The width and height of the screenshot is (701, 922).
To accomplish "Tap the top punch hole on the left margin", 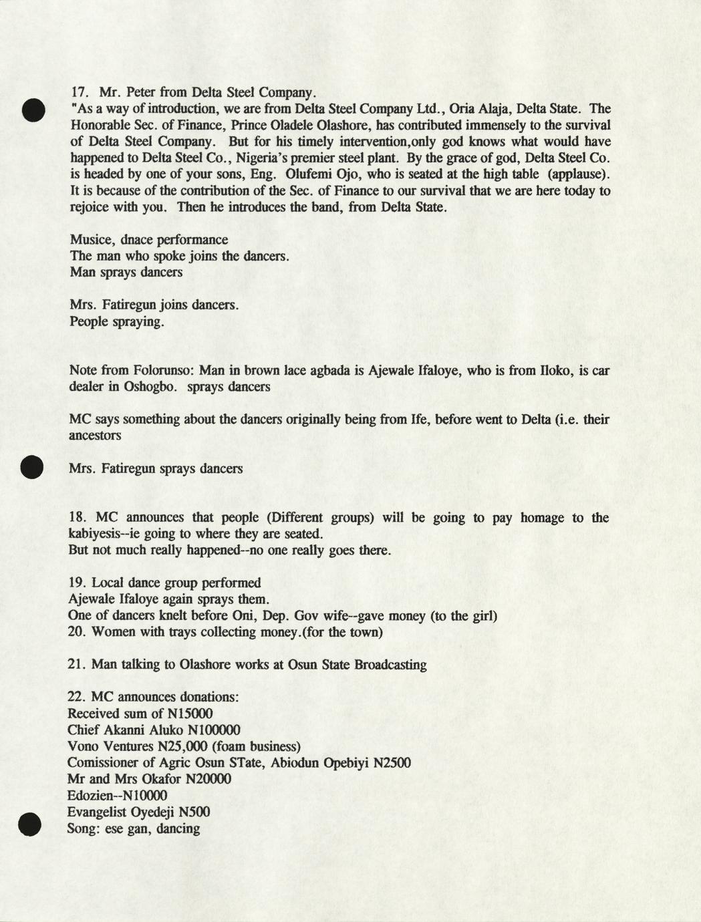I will pyautogui.click(x=32, y=110).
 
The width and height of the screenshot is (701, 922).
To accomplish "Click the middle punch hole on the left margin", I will pyautogui.click(x=31, y=466).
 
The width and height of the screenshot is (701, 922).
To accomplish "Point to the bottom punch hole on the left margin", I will pyautogui.click(x=31, y=824).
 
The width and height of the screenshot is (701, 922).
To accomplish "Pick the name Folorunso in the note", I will pyautogui.click(x=161, y=370).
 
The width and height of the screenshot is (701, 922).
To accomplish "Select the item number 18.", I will pyautogui.click(x=80, y=518).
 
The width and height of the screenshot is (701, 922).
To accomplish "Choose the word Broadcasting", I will pyautogui.click(x=390, y=665).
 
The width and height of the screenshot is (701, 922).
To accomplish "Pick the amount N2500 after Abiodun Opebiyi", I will pyautogui.click(x=390, y=763).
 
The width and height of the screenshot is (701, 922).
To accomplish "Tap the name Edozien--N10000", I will pyautogui.click(x=118, y=796).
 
